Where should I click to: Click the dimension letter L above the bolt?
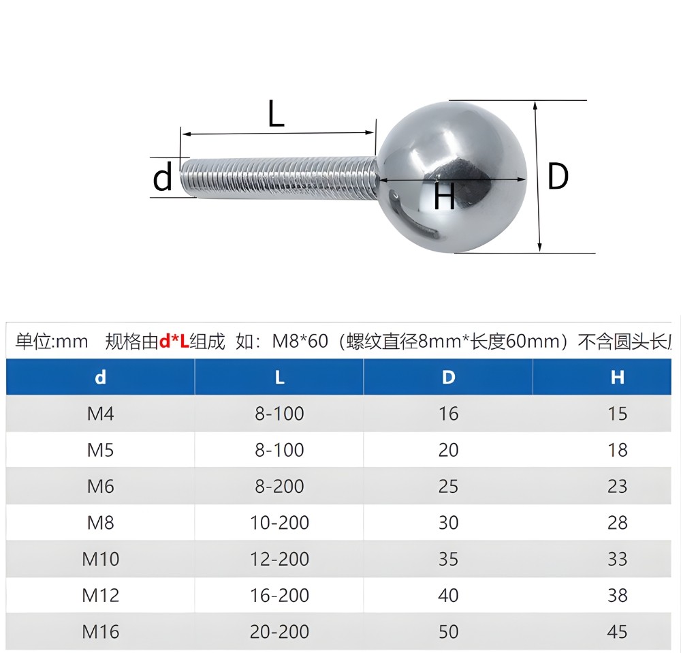(x=275, y=114)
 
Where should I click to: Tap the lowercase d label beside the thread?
(x=163, y=179)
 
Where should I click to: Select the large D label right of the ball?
(x=558, y=177)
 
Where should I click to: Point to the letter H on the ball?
(x=444, y=198)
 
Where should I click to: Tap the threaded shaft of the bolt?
(x=279, y=178)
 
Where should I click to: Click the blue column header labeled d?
(x=100, y=377)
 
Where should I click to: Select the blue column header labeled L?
(x=279, y=377)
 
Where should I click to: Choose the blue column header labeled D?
(x=448, y=377)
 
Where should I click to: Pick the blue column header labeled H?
(x=617, y=377)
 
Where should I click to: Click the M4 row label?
(x=100, y=414)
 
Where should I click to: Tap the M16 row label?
(x=100, y=632)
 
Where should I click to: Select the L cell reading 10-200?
(x=279, y=523)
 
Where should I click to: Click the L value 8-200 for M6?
(x=279, y=487)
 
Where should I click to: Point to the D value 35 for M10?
(x=448, y=559)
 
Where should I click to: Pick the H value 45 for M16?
(x=617, y=632)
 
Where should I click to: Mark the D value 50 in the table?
(x=448, y=632)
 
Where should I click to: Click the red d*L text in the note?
(x=174, y=341)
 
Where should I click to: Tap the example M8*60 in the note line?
(x=300, y=341)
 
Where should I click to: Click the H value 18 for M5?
(x=617, y=450)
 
